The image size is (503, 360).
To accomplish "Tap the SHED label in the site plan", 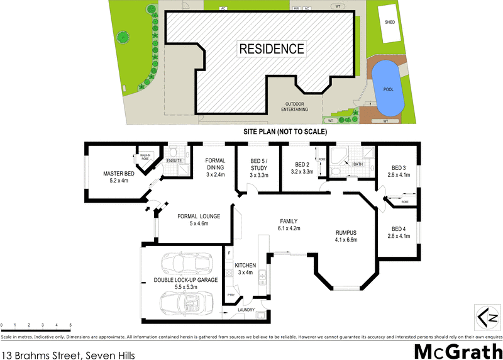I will [390, 21].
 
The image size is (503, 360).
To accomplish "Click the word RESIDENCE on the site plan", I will [271, 48].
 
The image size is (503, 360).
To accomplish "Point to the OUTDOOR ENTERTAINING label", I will [297, 106].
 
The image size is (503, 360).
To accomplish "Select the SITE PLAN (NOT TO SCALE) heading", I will [286, 133].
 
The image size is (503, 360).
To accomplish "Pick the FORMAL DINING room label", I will [216, 164].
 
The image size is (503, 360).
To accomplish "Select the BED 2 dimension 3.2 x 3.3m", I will [302, 171].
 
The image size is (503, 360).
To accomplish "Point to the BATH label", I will [358, 164].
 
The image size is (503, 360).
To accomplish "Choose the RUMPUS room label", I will [346, 232].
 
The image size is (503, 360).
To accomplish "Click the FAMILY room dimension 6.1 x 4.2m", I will [289, 228].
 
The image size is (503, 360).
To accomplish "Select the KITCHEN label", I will [245, 266].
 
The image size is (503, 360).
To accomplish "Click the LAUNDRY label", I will [245, 310].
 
